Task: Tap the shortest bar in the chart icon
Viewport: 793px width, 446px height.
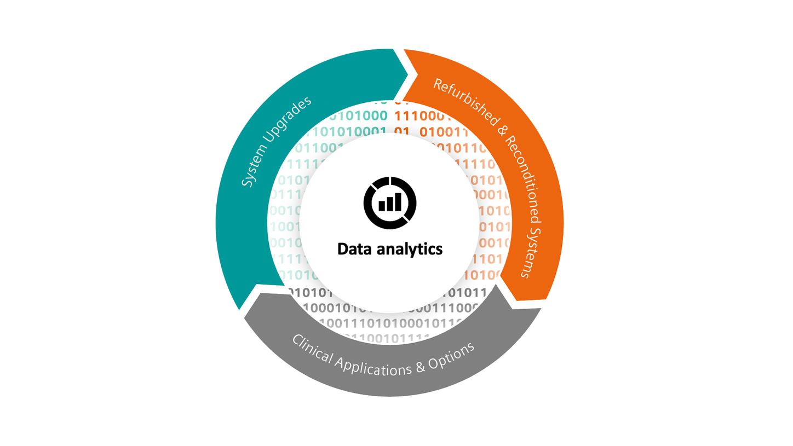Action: point(382,206)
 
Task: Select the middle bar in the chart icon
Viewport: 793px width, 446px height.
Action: point(390,204)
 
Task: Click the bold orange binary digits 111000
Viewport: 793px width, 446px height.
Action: point(422,116)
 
